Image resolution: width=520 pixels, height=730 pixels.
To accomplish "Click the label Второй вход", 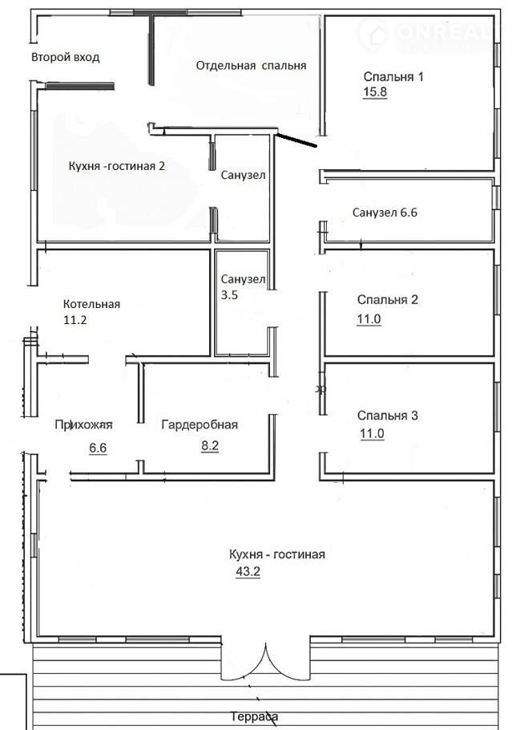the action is pyautogui.click(x=65, y=57).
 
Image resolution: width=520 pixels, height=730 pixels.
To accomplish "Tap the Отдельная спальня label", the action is pyautogui.click(x=251, y=66).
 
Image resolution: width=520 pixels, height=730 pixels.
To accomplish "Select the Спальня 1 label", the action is pyautogui.click(x=393, y=76).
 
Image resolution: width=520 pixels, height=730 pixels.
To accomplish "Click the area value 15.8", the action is pyautogui.click(x=375, y=91).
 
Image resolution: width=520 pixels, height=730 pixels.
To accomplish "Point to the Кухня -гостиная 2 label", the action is pyautogui.click(x=117, y=166).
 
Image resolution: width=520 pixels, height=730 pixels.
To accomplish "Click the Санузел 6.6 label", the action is pyautogui.click(x=385, y=213).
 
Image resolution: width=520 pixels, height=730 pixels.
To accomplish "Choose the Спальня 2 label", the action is pyautogui.click(x=388, y=299).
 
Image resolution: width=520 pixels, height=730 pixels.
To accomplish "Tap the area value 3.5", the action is pyautogui.click(x=229, y=295).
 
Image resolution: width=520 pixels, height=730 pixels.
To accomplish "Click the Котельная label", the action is pyautogui.click(x=91, y=304).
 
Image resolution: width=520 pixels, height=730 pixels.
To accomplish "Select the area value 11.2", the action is pyautogui.click(x=75, y=320).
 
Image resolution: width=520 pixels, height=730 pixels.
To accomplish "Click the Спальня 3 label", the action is pyautogui.click(x=388, y=416).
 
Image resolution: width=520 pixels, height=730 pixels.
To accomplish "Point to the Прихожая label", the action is pyautogui.click(x=83, y=425).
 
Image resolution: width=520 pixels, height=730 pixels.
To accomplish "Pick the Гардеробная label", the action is pyautogui.click(x=200, y=425).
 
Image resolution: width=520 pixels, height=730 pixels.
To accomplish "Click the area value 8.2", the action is pyautogui.click(x=210, y=445).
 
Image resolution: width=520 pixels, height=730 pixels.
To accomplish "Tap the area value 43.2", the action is pyautogui.click(x=248, y=571).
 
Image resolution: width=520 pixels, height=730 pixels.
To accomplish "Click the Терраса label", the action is pyautogui.click(x=255, y=717).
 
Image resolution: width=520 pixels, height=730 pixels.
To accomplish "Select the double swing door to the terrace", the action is pyautogui.click(x=265, y=661).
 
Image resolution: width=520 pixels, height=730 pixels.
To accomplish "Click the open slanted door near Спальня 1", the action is pyautogui.click(x=296, y=140).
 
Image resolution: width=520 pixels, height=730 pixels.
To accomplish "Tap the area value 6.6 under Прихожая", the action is pyautogui.click(x=98, y=448).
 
